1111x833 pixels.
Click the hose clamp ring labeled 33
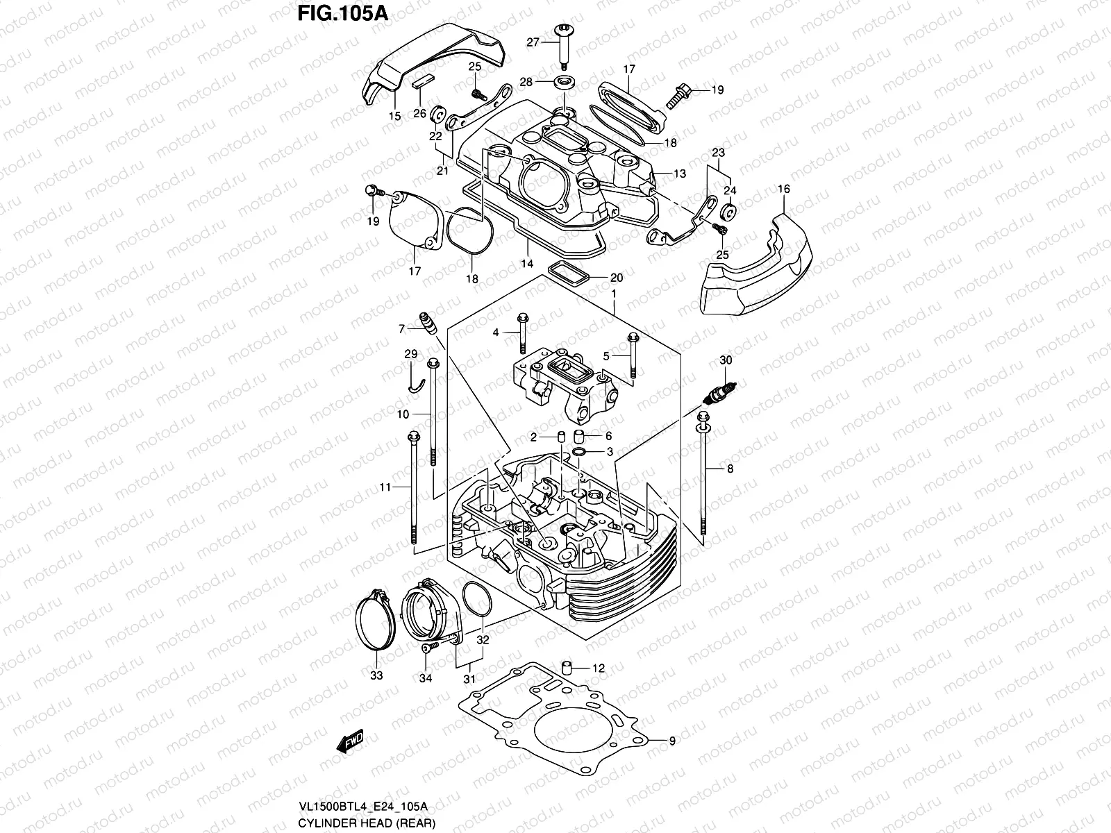click(x=375, y=620)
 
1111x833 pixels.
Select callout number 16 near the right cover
click(x=785, y=188)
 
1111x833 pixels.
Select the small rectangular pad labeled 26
click(x=421, y=82)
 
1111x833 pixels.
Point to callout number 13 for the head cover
click(x=679, y=174)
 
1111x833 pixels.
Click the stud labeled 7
click(x=427, y=323)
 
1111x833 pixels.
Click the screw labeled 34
click(x=428, y=648)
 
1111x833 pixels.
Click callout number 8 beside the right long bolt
click(x=730, y=469)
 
